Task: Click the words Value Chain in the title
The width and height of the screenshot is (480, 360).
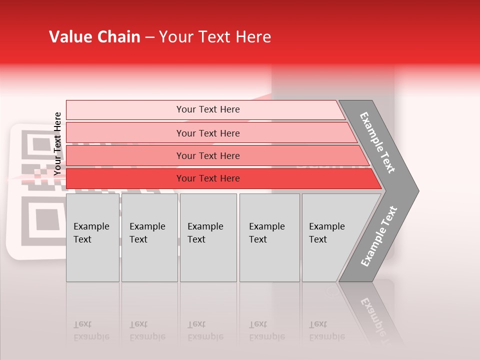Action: pyautogui.click(x=94, y=37)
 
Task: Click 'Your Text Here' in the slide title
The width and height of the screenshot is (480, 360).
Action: pyautogui.click(x=215, y=37)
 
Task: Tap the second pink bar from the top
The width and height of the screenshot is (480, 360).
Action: pyautogui.click(x=208, y=133)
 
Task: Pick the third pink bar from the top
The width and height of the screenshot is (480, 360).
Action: pyautogui.click(x=208, y=155)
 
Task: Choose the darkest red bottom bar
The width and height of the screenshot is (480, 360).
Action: pyautogui.click(x=208, y=178)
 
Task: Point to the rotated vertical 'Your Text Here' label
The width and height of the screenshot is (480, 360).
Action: pyautogui.click(x=58, y=143)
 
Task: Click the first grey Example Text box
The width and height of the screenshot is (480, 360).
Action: pyautogui.click(x=92, y=237)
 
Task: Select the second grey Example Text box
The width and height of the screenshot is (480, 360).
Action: pyautogui.click(x=149, y=237)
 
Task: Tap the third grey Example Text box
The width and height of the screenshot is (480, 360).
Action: pyautogui.click(x=208, y=237)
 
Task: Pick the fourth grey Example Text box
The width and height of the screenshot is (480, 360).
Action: pyautogui.click(x=269, y=237)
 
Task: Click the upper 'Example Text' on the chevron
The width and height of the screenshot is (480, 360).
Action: pyautogui.click(x=378, y=142)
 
